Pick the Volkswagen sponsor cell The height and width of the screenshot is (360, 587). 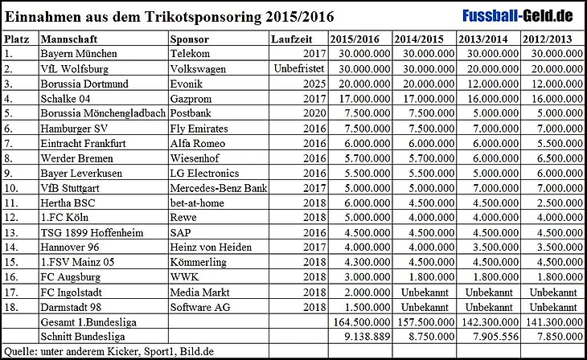coord(199,68)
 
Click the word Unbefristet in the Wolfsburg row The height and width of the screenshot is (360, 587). coord(298,68)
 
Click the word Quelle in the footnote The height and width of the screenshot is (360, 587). coord(19,352)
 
